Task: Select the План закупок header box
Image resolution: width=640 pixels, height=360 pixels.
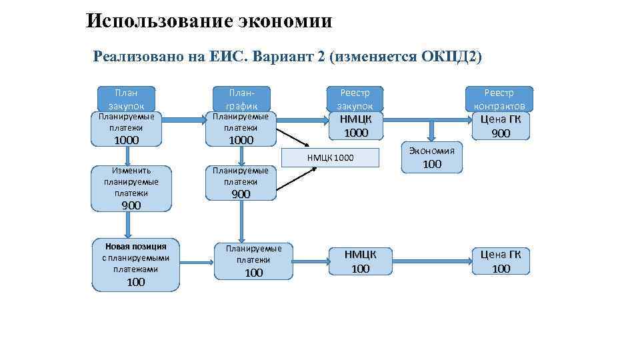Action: pos(126,97)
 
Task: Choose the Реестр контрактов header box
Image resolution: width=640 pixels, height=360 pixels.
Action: pos(499,97)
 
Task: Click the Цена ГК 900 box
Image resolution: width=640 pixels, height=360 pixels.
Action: pos(501,126)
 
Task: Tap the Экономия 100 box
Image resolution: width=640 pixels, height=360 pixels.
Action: pos(432,157)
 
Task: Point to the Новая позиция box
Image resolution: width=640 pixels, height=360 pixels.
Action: pos(135,265)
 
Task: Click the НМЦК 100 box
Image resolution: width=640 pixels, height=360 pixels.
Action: pos(360,261)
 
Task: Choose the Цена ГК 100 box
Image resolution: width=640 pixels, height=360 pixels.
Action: pos(501,261)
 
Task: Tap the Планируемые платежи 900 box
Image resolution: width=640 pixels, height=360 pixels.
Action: pos(241,181)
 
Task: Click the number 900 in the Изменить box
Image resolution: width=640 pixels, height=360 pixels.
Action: pos(131,205)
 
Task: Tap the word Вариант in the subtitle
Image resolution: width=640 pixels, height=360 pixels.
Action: pos(283,56)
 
